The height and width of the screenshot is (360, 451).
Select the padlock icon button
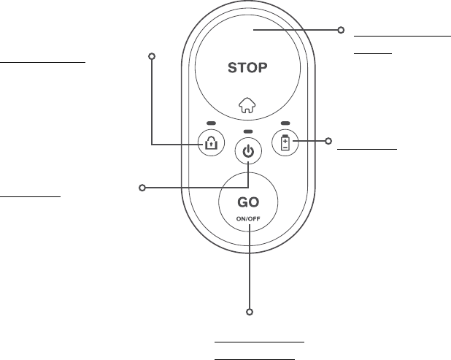click(211, 142)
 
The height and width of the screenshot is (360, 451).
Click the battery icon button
click(285, 142)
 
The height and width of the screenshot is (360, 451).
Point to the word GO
click(249, 202)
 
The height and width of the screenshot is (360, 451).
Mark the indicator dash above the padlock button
click(211, 123)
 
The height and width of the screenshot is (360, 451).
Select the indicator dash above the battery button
click(285, 123)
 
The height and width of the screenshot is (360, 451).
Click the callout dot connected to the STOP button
click(340, 31)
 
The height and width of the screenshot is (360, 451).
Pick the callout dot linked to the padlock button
click(152, 55)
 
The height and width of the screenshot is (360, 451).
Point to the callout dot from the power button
click(142, 188)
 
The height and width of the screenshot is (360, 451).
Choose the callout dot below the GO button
click(249, 313)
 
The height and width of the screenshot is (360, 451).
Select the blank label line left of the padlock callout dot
click(43, 62)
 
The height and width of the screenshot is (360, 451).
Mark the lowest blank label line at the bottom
click(255, 359)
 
